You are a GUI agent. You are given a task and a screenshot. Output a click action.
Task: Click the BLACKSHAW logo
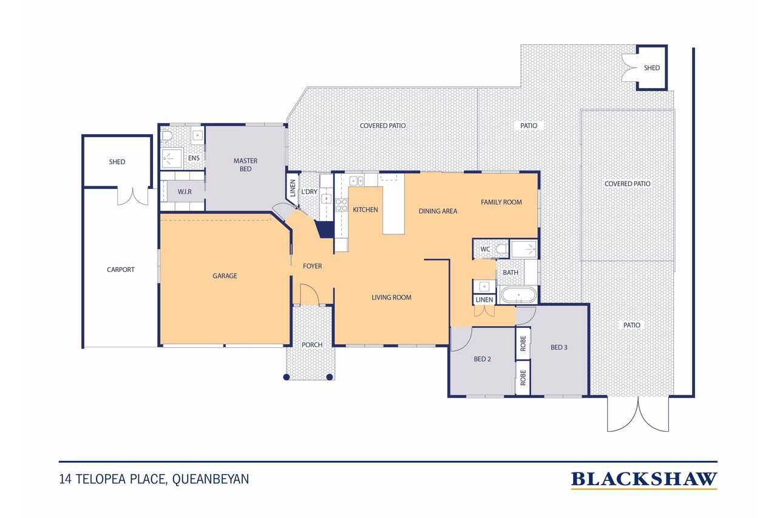coord(644,480)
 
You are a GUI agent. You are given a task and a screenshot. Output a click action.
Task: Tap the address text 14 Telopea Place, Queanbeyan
coord(154,479)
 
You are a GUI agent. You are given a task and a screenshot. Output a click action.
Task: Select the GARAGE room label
coord(225,276)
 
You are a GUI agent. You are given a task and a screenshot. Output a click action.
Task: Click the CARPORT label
coord(120,270)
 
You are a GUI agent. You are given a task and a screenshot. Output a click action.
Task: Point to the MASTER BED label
coord(245,165)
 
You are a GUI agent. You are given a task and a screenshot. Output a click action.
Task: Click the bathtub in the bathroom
coord(518,295)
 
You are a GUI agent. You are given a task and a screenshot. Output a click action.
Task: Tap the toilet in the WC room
coord(501,249)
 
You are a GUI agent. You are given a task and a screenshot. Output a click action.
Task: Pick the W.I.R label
coord(185,191)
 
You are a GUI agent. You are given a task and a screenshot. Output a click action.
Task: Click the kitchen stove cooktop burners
coord(341,205)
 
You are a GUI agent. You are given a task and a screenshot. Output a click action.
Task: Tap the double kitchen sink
coord(356,181)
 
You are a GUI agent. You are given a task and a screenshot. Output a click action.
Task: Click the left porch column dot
coord(286,377)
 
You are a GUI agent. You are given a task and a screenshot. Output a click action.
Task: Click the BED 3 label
coord(559,347)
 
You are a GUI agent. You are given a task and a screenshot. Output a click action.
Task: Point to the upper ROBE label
coord(523,344)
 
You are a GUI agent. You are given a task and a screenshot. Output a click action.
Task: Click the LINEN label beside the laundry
coord(293,188)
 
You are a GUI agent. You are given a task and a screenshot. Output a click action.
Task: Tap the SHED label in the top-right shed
coord(652,68)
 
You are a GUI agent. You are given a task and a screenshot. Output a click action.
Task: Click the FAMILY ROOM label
coord(501,202)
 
